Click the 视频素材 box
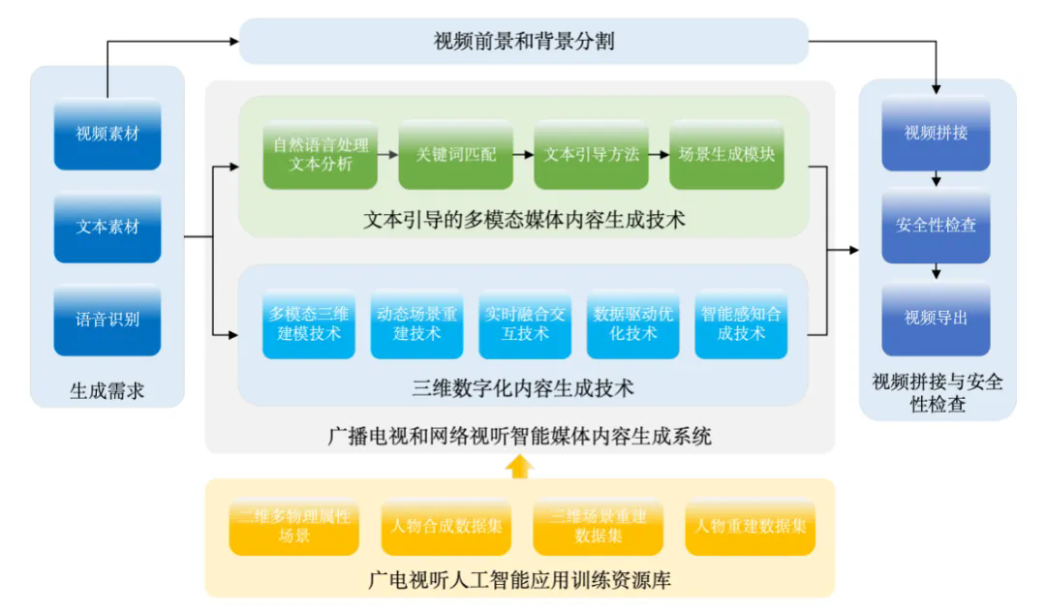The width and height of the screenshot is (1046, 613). (108, 134)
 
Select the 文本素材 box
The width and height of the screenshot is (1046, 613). (108, 228)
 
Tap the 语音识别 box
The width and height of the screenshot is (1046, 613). (108, 320)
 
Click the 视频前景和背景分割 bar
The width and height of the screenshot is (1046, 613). (523, 42)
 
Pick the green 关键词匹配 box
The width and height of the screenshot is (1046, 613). (455, 155)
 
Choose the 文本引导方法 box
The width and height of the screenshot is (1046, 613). (591, 155)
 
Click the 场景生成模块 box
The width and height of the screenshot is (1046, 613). (726, 155)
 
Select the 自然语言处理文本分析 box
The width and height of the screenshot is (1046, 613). (321, 155)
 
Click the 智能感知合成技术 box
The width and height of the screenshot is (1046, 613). (741, 324)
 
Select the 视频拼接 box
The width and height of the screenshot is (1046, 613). (936, 134)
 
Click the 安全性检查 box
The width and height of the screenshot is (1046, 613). (936, 226)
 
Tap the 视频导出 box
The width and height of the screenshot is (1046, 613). (936, 318)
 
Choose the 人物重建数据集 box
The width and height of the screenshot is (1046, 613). (750, 528)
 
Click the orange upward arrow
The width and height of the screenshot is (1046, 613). (520, 467)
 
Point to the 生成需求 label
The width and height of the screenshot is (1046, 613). (108, 391)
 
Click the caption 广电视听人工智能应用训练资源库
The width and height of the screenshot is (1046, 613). (520, 581)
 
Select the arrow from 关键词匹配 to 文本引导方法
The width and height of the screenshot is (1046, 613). (523, 155)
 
